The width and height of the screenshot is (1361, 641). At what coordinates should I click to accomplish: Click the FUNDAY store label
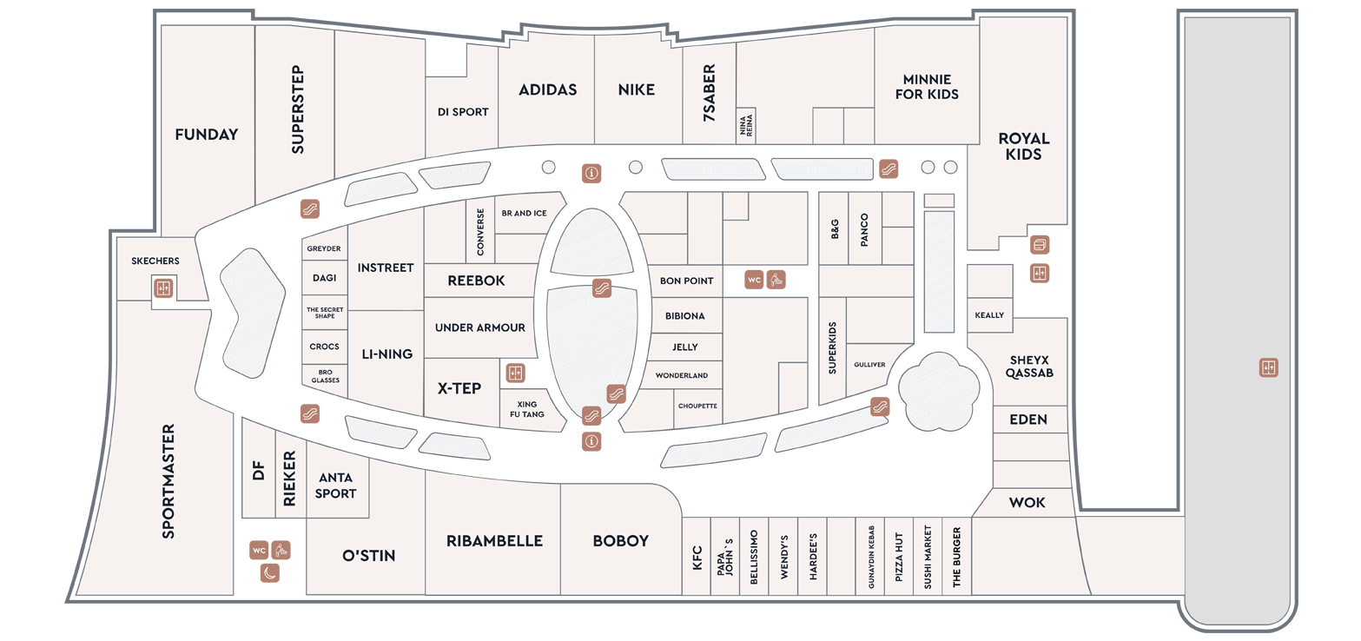pyautogui.click(x=207, y=135)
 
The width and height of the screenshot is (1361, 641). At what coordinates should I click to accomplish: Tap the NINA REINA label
pyautogui.click(x=746, y=126)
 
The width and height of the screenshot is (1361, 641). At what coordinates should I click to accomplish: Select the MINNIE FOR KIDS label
pyautogui.click(x=927, y=87)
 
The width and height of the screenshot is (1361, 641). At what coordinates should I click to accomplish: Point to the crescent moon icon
pyautogui.click(x=270, y=572)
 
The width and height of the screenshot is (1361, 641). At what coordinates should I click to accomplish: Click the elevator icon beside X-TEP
pyautogui.click(x=515, y=373)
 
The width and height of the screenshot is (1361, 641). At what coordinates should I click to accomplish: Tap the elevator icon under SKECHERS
pyautogui.click(x=162, y=287)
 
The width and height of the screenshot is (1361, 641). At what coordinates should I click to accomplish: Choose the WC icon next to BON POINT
pyautogui.click(x=754, y=280)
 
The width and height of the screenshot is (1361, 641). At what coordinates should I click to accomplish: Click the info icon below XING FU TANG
pyautogui.click(x=591, y=441)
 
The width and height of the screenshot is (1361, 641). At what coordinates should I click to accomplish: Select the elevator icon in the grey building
pyautogui.click(x=1269, y=367)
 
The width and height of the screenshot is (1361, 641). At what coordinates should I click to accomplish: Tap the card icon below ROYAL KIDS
pyautogui.click(x=1040, y=245)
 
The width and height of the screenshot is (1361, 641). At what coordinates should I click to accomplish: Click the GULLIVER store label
pyautogui.click(x=869, y=365)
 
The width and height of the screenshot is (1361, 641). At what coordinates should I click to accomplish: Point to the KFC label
pyautogui.click(x=697, y=558)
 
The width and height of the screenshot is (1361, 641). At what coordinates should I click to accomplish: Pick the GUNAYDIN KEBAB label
pyautogui.click(x=870, y=557)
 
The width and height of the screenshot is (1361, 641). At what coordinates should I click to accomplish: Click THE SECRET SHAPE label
pyautogui.click(x=325, y=313)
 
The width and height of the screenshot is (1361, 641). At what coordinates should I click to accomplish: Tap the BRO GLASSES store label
pyautogui.click(x=325, y=376)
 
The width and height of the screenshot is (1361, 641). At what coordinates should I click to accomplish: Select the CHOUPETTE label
pyautogui.click(x=697, y=406)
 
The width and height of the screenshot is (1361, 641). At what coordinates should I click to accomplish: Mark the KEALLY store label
pyautogui.click(x=989, y=315)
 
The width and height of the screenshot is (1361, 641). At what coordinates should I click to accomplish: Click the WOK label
pyautogui.click(x=1027, y=503)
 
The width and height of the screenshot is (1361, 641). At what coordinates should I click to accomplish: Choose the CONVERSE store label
pyautogui.click(x=480, y=232)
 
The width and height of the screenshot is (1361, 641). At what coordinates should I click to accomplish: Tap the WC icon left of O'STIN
pyautogui.click(x=259, y=551)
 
